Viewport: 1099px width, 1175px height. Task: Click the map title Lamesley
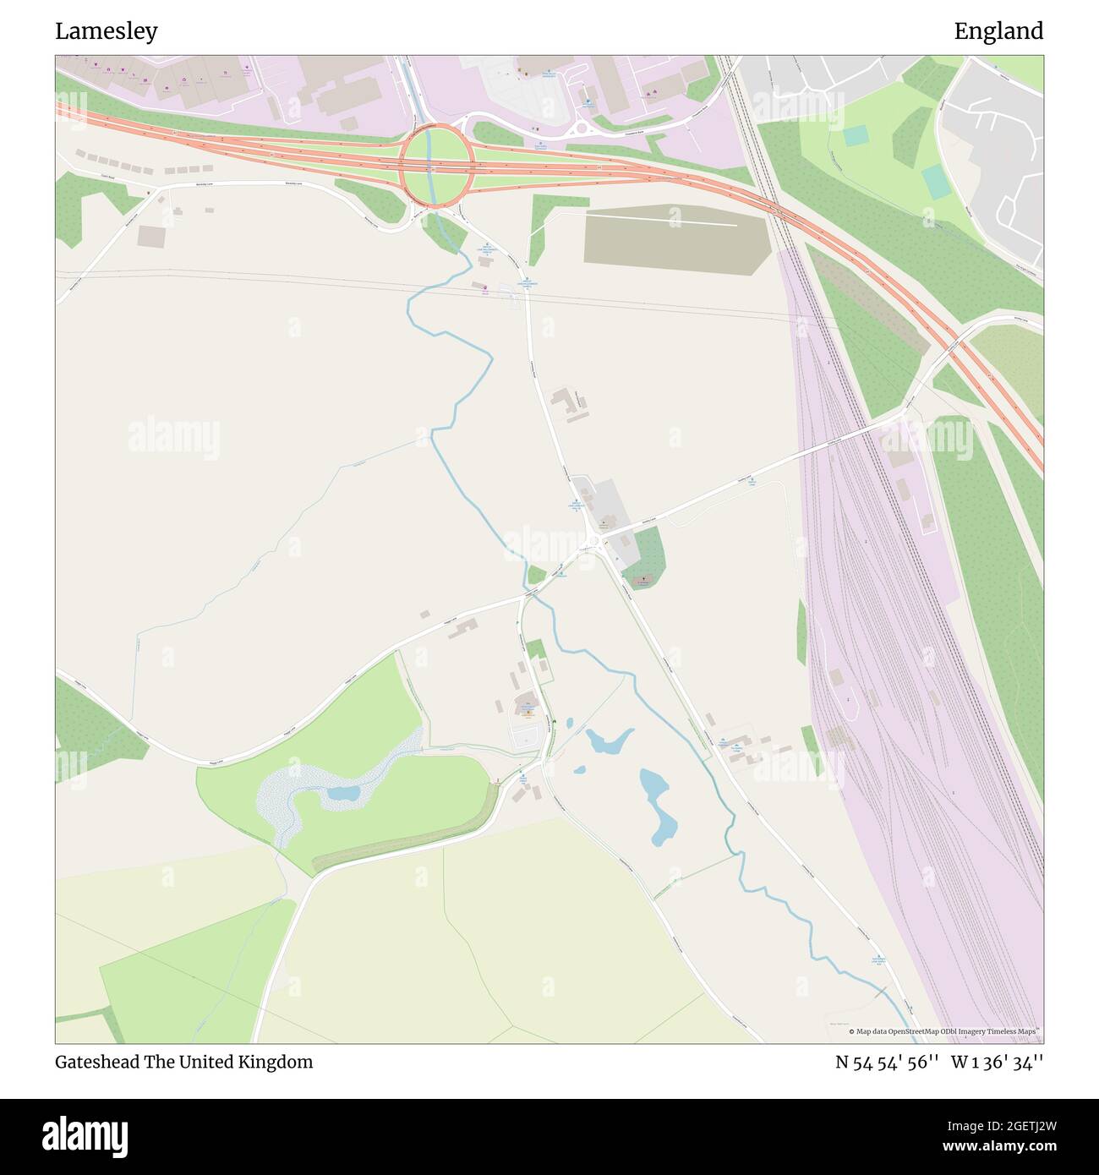(x=107, y=31)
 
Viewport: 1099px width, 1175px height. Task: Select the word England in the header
(x=998, y=31)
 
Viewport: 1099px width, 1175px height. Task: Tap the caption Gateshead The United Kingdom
(x=183, y=1062)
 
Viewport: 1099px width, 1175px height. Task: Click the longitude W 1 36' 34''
(x=997, y=1062)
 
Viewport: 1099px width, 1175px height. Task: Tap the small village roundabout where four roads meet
(x=595, y=542)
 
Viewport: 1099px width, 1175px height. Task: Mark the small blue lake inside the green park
(x=343, y=793)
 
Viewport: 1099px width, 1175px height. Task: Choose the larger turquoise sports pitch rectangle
(x=935, y=182)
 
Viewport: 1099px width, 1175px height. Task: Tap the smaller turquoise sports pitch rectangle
(x=855, y=135)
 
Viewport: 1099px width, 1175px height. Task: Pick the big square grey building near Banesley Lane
(x=152, y=236)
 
